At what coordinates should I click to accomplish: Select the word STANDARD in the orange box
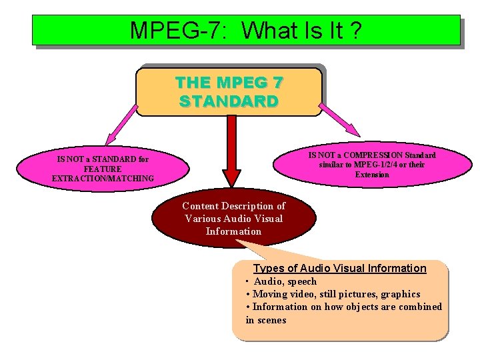point(229,101)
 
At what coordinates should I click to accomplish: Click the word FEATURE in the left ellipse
point(103,169)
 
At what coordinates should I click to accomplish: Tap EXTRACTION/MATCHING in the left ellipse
point(103,179)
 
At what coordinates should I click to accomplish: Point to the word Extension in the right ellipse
point(372,175)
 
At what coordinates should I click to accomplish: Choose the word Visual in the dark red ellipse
point(268,219)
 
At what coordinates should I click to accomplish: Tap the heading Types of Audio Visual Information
point(339,268)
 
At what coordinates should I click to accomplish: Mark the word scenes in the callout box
point(271,320)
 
